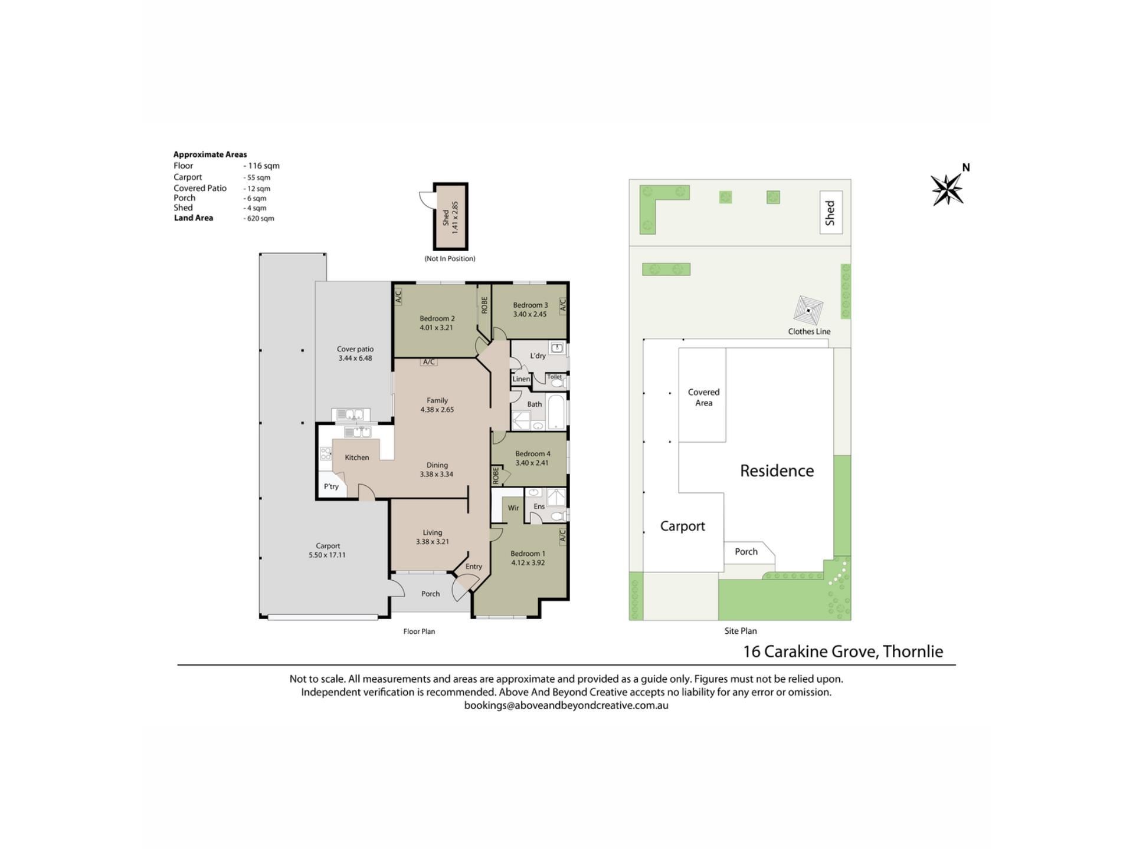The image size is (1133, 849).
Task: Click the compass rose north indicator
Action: point(948,188)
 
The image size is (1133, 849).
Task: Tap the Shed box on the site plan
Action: point(831,212)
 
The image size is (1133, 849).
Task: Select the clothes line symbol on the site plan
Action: point(808,310)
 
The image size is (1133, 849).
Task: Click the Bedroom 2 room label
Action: point(437,318)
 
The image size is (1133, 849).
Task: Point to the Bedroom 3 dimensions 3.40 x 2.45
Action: point(530,314)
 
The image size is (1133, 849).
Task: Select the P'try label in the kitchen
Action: point(331,486)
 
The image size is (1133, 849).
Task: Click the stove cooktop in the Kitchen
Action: point(326,453)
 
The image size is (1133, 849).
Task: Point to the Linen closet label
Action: point(521,379)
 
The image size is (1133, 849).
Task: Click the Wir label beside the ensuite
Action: point(513,508)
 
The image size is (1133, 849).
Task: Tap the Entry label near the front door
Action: point(474,567)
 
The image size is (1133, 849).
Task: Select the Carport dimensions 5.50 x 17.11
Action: point(328,555)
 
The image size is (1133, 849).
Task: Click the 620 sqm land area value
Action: point(260,218)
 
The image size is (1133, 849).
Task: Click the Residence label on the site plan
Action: point(777,470)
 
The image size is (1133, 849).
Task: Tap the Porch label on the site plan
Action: point(746,552)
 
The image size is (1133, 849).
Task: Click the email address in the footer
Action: point(566,705)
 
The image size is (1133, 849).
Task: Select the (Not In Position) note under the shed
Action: point(450,258)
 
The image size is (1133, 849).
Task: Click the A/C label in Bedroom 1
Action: point(562,535)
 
